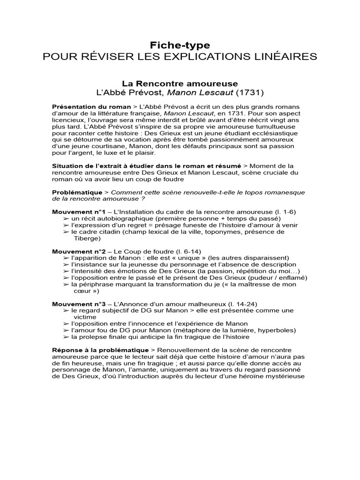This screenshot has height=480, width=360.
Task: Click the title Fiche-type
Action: (180, 45)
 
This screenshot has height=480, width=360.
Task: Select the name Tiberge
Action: (87, 238)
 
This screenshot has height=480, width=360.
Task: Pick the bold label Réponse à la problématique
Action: (100, 350)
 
